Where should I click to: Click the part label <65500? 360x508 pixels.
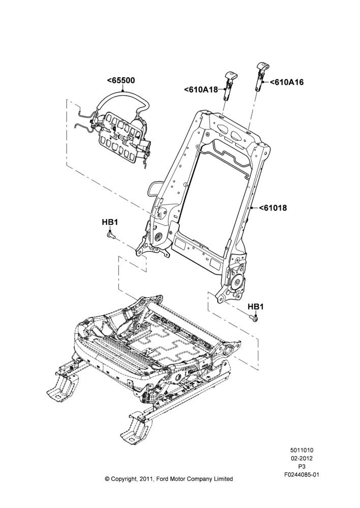click(x=121, y=81)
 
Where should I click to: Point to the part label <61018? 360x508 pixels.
click(x=273, y=208)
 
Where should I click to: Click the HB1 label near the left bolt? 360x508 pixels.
click(x=110, y=223)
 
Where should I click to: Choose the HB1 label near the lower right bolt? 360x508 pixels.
click(x=256, y=306)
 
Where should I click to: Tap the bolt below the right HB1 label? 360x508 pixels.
click(x=254, y=319)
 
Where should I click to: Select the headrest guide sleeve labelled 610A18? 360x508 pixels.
click(x=227, y=85)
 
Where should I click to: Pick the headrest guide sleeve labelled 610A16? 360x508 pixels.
click(x=261, y=77)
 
